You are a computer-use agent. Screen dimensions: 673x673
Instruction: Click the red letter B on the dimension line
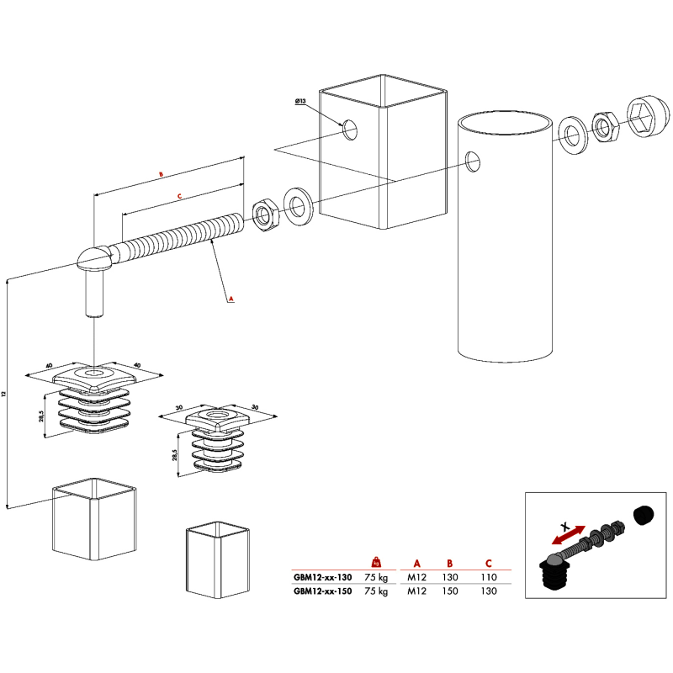(x=161, y=175)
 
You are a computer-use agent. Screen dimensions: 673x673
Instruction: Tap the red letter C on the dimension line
(x=179, y=197)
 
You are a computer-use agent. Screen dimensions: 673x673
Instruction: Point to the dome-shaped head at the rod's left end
(x=94, y=257)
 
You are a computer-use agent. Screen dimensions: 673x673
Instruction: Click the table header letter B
(x=449, y=564)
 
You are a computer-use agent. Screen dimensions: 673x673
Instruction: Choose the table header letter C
(x=489, y=564)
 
